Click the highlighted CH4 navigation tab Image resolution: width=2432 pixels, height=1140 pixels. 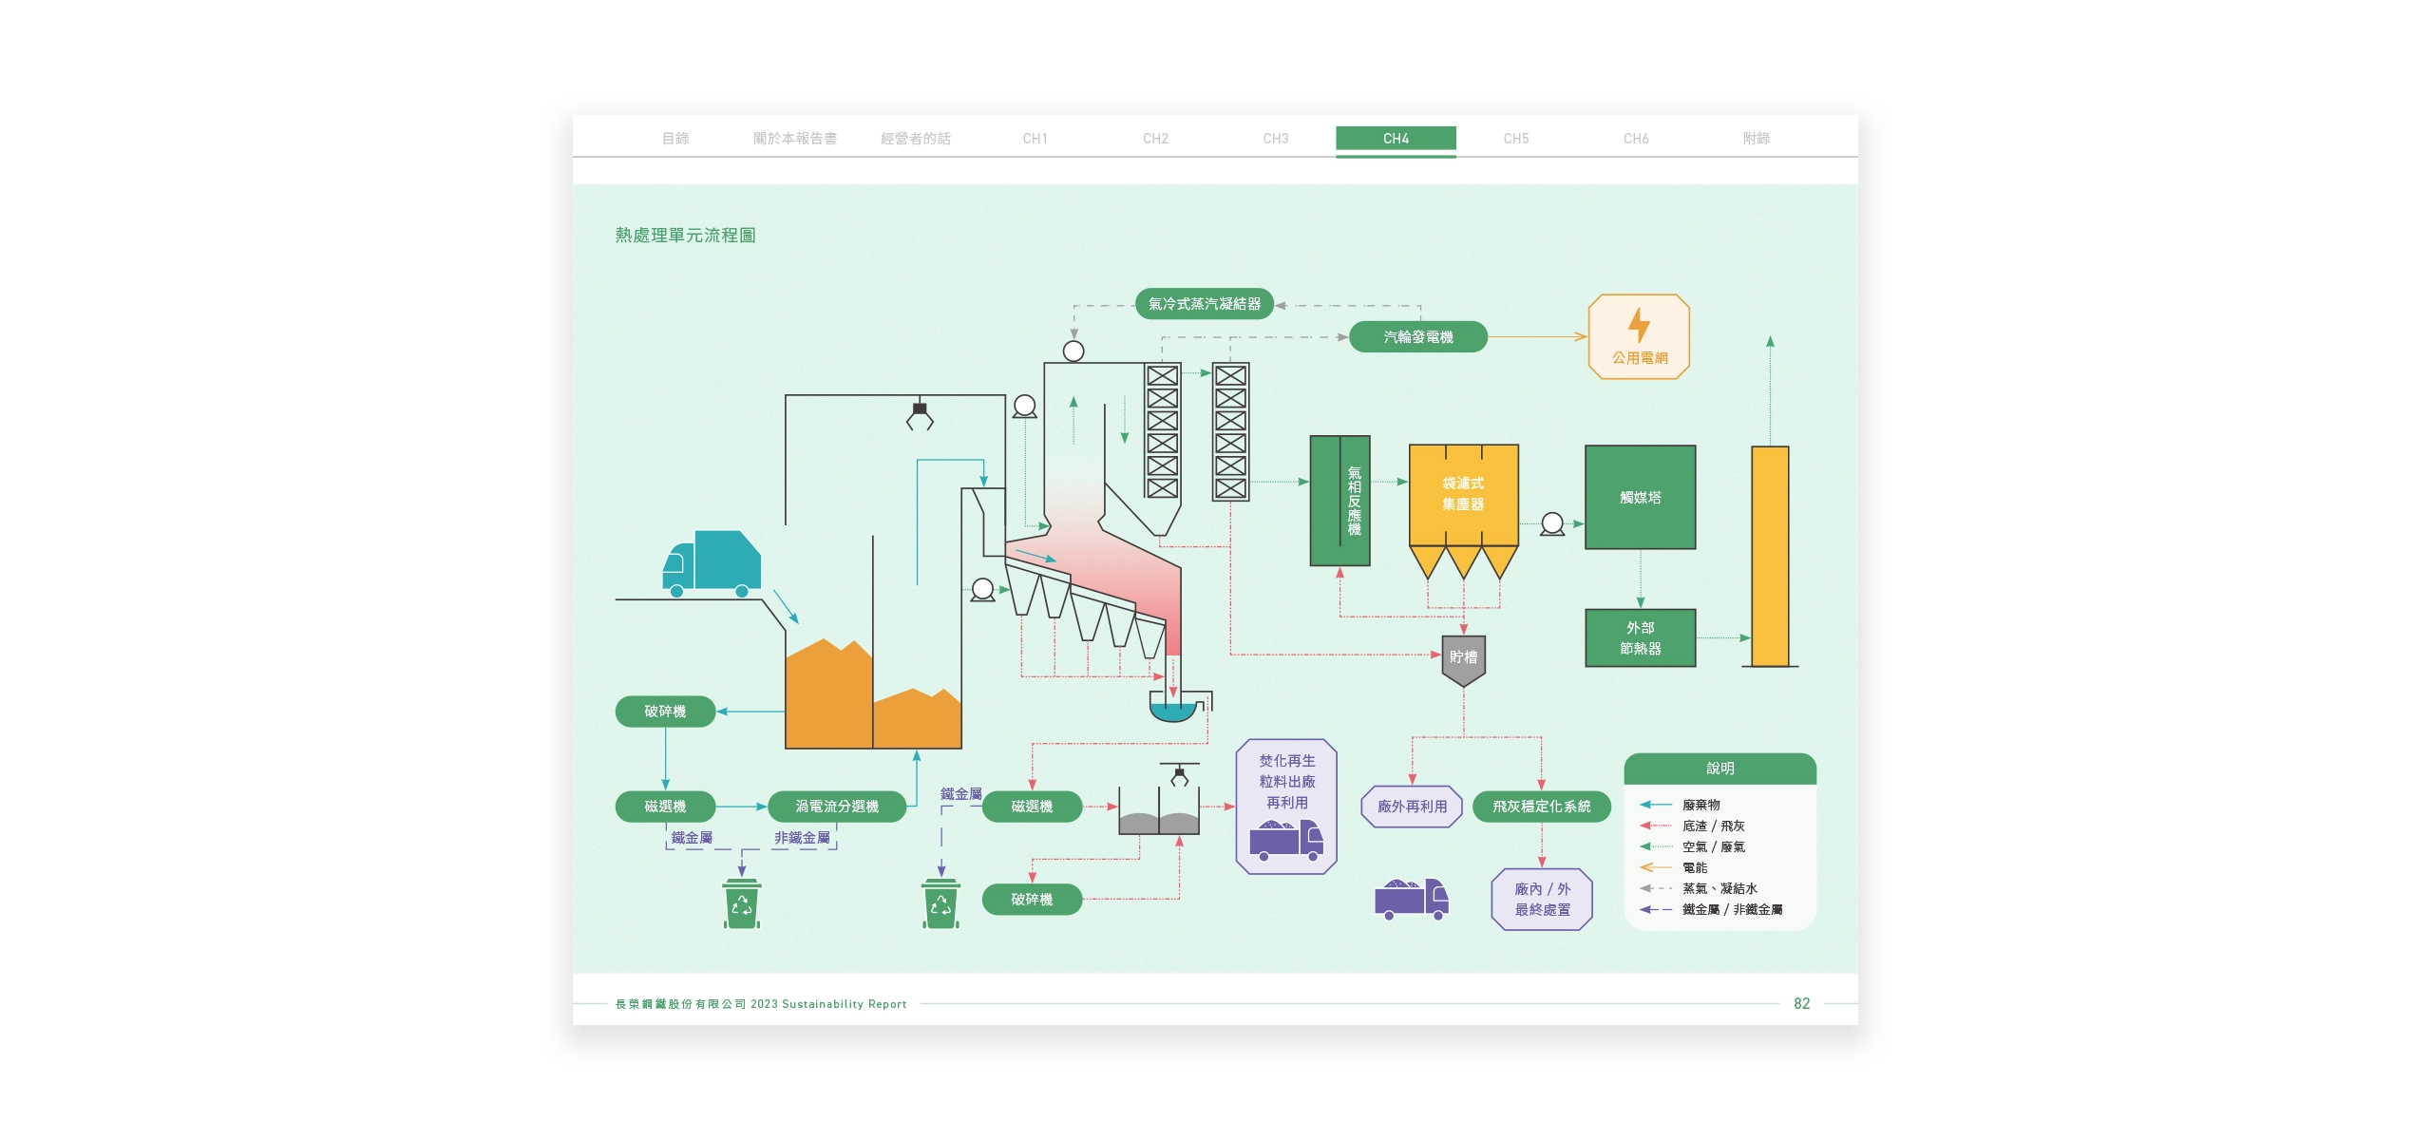[x=1395, y=139]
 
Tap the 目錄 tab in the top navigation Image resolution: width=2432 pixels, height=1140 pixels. [x=675, y=139]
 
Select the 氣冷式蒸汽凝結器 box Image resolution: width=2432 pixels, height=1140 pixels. [x=1204, y=304]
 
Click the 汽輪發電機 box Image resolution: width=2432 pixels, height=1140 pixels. [x=1417, y=337]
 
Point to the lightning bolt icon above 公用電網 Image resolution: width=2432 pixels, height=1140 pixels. [x=1639, y=325]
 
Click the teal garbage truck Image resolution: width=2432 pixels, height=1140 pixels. [x=712, y=563]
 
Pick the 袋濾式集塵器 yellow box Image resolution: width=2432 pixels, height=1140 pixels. [x=1463, y=494]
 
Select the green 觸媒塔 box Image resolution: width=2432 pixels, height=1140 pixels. [x=1640, y=497]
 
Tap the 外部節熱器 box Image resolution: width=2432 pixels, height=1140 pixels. [x=1640, y=638]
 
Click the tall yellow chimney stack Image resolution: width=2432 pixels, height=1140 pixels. [x=1770, y=556]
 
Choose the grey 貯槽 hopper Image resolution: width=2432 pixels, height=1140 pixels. [x=1463, y=658]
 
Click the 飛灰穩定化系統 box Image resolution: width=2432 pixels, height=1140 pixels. [x=1541, y=807]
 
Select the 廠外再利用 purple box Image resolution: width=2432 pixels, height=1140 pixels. [x=1412, y=807]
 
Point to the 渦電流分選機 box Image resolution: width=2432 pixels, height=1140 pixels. [x=836, y=807]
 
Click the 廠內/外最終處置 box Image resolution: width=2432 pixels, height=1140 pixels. [x=1542, y=900]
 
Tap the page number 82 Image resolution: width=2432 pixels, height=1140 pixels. [x=1801, y=1004]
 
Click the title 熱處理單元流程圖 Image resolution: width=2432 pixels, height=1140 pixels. [x=685, y=236]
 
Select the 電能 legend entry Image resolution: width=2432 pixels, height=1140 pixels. [x=1694, y=867]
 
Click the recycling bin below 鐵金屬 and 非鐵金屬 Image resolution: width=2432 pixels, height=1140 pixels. [x=741, y=904]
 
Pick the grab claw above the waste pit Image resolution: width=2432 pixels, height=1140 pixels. [x=920, y=416]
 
